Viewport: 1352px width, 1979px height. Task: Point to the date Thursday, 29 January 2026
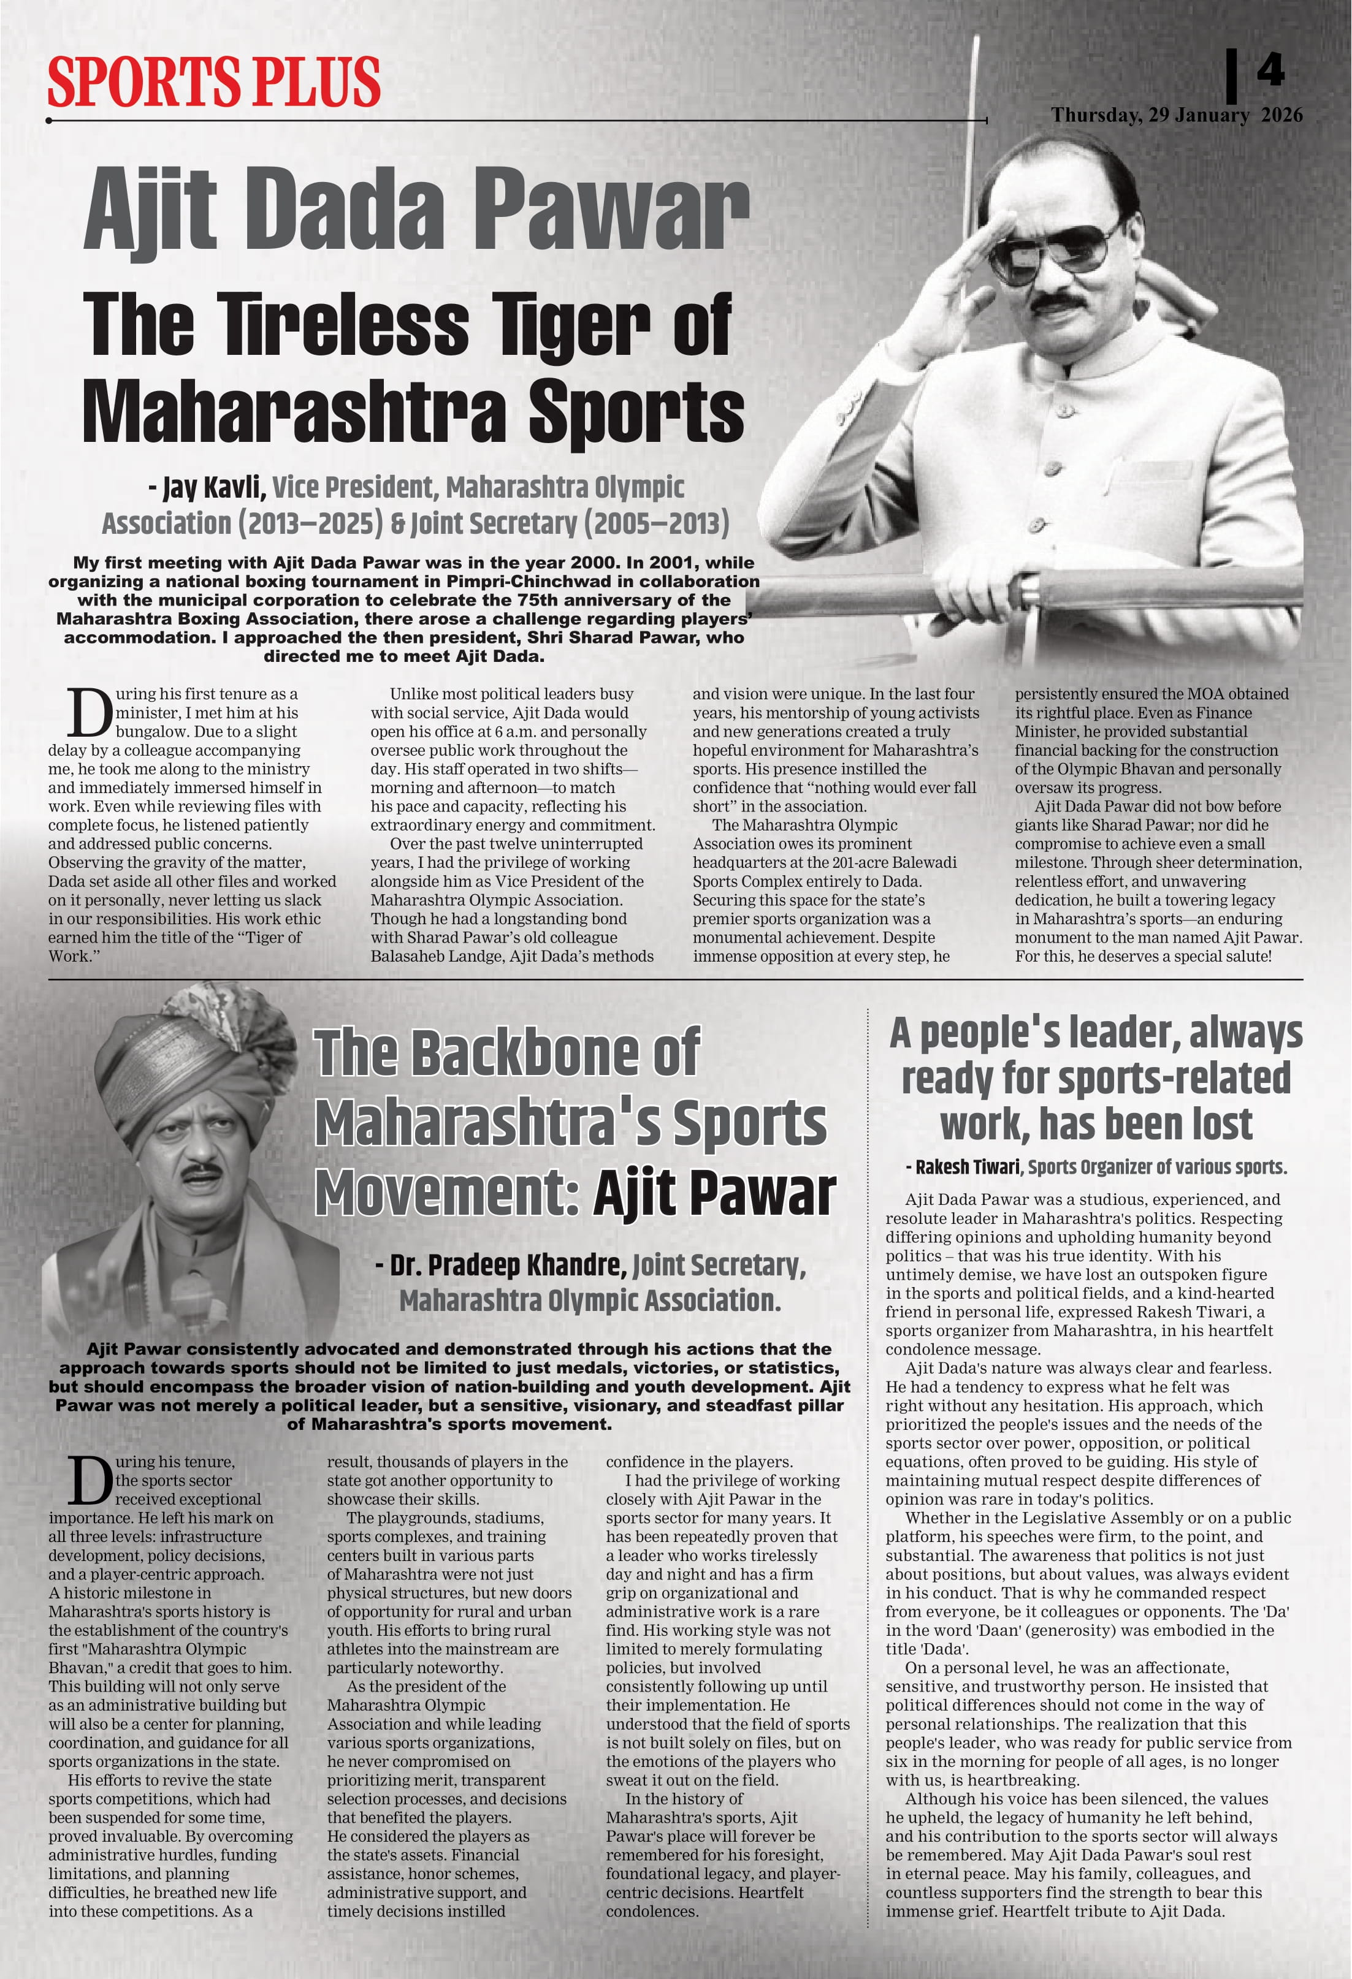(x=1175, y=115)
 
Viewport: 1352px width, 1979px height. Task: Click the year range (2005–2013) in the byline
(x=656, y=523)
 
